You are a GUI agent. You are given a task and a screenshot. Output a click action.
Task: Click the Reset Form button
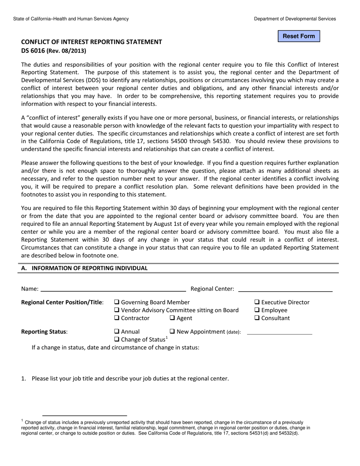click(x=299, y=36)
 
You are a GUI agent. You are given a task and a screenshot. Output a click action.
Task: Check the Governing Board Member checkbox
click(x=117, y=302)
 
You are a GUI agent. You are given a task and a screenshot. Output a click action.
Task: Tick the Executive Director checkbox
click(x=257, y=302)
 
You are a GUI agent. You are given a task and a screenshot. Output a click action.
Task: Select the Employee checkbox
click(x=257, y=310)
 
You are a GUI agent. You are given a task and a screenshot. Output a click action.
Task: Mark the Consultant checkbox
click(x=257, y=318)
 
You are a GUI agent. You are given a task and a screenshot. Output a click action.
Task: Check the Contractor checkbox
click(x=117, y=318)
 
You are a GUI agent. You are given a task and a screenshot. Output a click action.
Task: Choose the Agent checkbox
click(x=172, y=318)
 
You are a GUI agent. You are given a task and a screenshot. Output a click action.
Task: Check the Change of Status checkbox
click(x=117, y=339)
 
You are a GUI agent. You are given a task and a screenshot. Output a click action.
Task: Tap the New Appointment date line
click(x=279, y=332)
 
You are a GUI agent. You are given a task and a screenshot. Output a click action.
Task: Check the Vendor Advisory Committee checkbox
click(x=117, y=310)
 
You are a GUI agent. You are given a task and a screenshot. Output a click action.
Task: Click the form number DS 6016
click(x=33, y=50)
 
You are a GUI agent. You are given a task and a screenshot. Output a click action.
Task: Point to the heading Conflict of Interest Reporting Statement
click(x=91, y=42)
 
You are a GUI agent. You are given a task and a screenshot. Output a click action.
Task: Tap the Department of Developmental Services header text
click(x=294, y=19)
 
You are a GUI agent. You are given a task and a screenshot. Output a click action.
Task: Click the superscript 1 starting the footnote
click(x=22, y=421)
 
